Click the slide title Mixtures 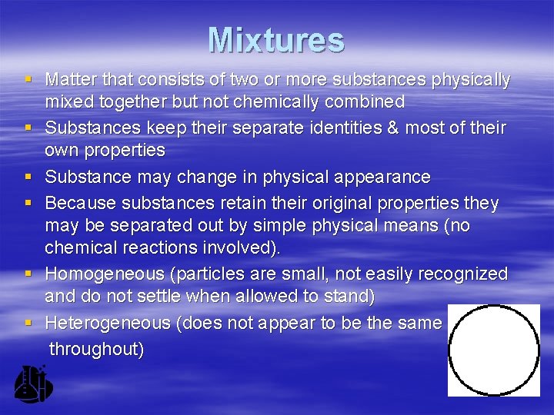[x=275, y=40]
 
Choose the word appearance [x=382, y=177]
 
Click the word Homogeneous [x=104, y=274]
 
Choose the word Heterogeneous [x=108, y=323]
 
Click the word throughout [x=96, y=348]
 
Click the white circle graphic [x=493, y=350]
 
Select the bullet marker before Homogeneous [x=28, y=274]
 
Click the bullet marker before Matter [x=28, y=78]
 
